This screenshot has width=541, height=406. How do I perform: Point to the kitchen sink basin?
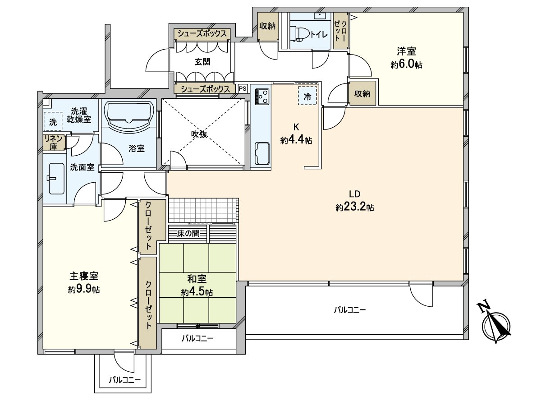click(x=262, y=153)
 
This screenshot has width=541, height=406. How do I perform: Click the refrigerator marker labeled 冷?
click(x=307, y=96)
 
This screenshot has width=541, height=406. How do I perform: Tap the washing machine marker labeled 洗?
click(x=53, y=121)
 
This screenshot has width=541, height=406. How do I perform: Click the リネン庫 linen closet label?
click(x=53, y=143)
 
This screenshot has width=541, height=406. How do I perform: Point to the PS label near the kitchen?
click(x=243, y=88)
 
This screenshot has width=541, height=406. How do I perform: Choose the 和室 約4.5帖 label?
click(x=197, y=286)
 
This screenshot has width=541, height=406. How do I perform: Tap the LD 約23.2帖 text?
click(x=354, y=201)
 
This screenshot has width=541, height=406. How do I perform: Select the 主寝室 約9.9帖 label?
click(x=84, y=282)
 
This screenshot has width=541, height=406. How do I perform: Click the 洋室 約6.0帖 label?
click(x=406, y=58)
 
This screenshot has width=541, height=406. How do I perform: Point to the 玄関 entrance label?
click(x=202, y=62)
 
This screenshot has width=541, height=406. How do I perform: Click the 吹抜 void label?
click(x=202, y=134)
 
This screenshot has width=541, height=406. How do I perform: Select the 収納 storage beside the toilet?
click(x=267, y=26)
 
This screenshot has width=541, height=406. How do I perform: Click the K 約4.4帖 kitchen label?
click(x=296, y=134)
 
